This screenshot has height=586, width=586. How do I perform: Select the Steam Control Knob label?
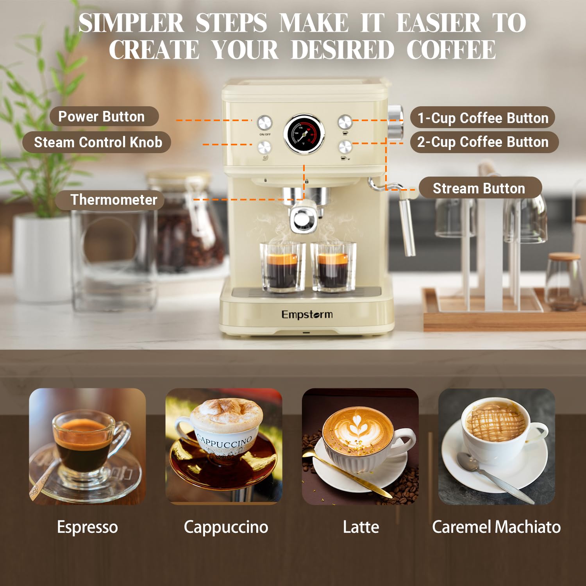click(98, 142)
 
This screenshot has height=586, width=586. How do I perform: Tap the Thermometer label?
click(113, 200)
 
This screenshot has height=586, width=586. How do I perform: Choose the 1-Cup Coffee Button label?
click(482, 118)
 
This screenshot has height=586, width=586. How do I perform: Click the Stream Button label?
click(479, 188)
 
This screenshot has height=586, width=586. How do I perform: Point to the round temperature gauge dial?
click(304, 134)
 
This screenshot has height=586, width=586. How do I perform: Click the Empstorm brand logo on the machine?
click(307, 314)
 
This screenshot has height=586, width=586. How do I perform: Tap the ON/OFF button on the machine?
click(264, 122)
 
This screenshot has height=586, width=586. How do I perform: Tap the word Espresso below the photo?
click(87, 527)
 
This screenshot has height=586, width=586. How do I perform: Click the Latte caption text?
click(361, 527)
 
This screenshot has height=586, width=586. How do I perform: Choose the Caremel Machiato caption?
click(496, 527)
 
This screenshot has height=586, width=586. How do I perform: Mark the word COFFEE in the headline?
click(451, 50)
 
